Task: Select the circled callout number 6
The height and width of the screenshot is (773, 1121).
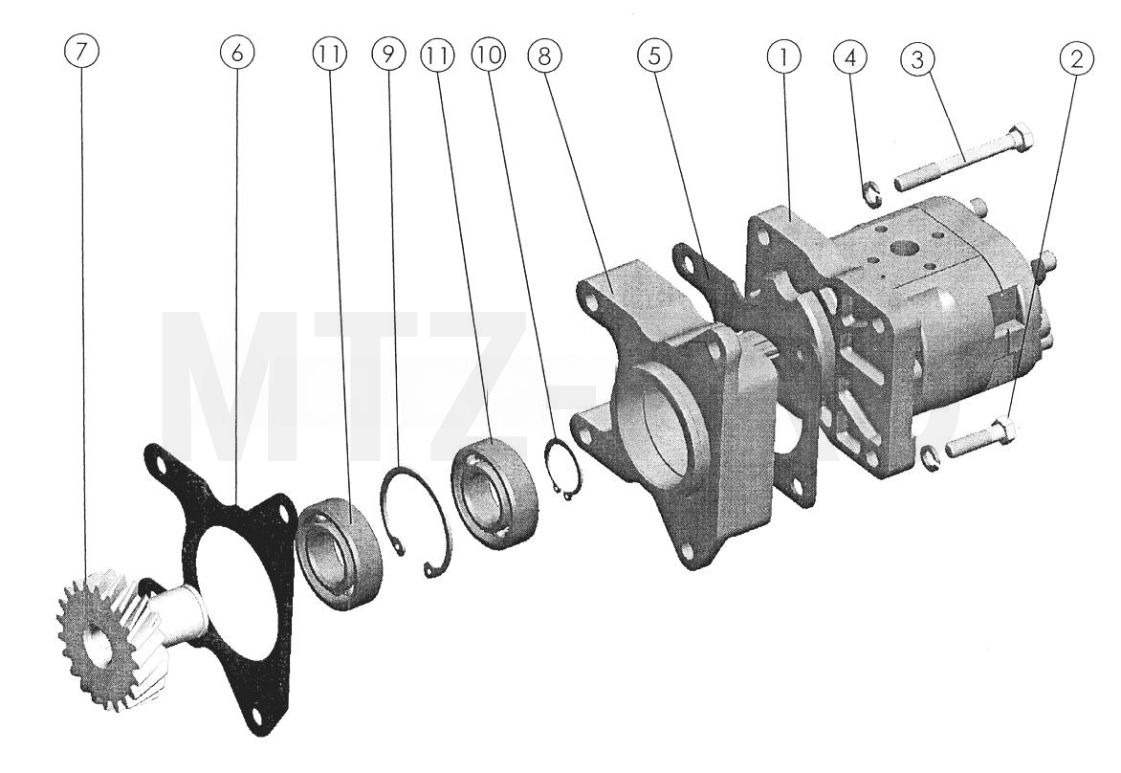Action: [237, 53]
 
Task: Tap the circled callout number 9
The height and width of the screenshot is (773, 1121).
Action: [389, 55]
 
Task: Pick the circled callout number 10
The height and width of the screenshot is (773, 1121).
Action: [489, 55]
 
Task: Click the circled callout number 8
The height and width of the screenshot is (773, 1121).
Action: [544, 55]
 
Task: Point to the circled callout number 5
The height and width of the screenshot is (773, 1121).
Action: [655, 56]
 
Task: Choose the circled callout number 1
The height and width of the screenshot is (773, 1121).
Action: [784, 57]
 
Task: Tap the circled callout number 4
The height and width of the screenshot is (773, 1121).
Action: [850, 58]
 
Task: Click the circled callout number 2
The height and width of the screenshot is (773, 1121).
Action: [1077, 58]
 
